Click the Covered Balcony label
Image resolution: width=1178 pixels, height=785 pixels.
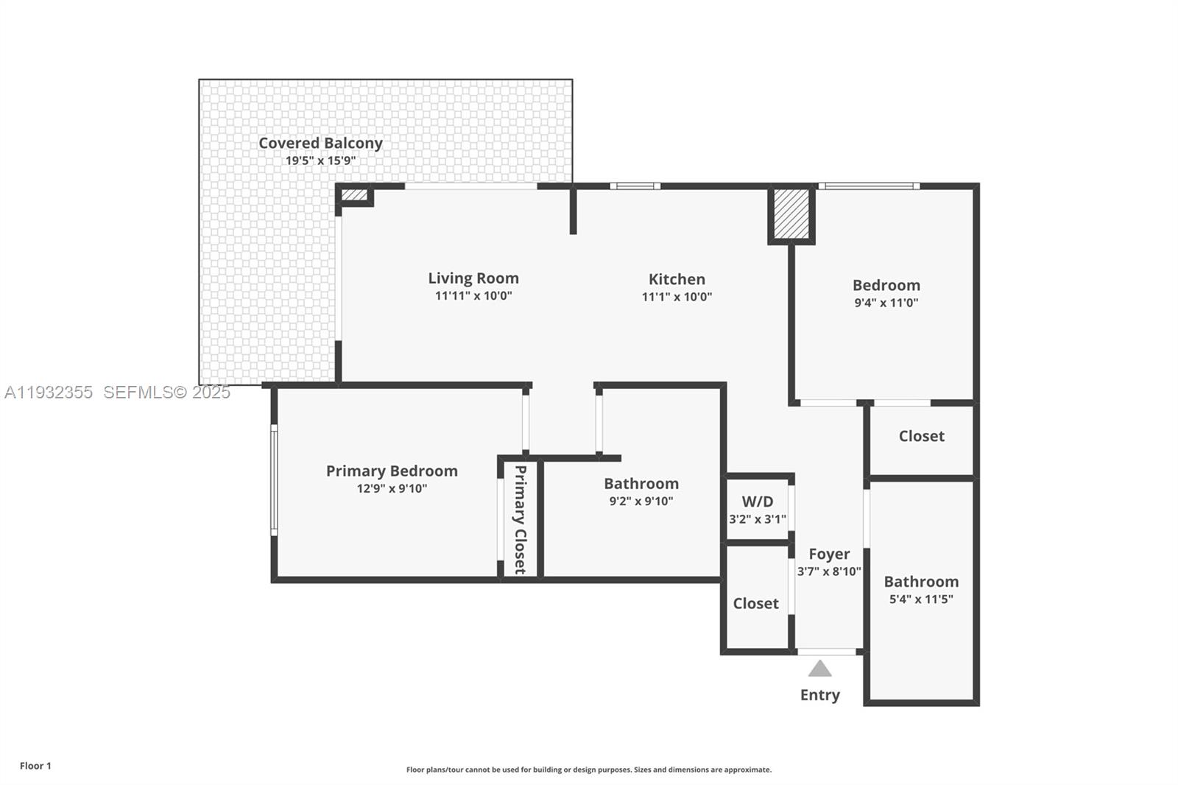point(320,143)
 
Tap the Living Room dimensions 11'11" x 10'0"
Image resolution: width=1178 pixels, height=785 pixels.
point(473,296)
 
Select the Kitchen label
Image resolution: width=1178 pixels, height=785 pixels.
point(677,279)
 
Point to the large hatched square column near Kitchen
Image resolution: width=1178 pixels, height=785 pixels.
point(791,214)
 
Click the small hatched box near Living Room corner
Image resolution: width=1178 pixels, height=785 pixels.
point(354,195)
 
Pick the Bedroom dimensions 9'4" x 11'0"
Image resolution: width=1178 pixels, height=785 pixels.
point(886,303)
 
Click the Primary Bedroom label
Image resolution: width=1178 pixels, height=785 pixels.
point(392,471)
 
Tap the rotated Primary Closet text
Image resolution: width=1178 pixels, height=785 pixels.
point(520,520)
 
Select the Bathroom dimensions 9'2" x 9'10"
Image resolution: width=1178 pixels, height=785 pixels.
point(641,501)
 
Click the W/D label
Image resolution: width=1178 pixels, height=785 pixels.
point(758,501)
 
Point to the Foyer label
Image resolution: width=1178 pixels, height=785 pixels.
point(829,554)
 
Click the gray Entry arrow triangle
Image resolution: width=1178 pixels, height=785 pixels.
point(819,669)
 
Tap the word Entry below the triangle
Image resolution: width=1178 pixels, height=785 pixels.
point(819,695)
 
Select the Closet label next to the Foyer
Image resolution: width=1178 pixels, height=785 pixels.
point(755,603)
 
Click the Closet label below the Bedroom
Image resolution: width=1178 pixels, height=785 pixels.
point(921,436)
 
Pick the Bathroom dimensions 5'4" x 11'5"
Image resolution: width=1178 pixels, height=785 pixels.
point(921,599)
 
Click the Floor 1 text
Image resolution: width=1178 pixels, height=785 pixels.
point(35,766)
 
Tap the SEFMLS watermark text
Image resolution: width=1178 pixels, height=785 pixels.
point(166,392)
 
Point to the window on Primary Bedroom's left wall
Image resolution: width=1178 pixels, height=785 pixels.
point(273,480)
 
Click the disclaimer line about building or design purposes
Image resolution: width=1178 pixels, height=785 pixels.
point(589,770)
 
